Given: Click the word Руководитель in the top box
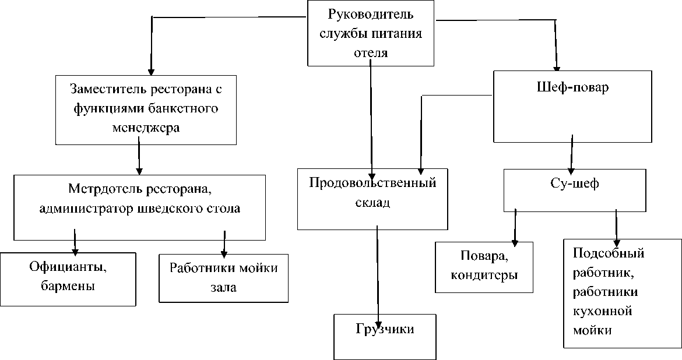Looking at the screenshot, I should pyautogui.click(x=371, y=13).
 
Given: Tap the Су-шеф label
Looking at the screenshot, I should pyautogui.click(x=574, y=183).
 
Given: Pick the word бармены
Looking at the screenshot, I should pyautogui.click(x=68, y=286).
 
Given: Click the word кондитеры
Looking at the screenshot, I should pyautogui.click(x=484, y=274).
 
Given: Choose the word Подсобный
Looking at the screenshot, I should pyautogui.click(x=608, y=254).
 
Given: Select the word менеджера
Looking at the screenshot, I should pyautogui.click(x=145, y=128).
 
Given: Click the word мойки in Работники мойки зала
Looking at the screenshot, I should pyautogui.click(x=258, y=268).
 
